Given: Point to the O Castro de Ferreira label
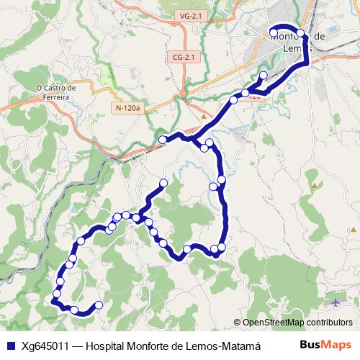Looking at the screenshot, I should [56, 93].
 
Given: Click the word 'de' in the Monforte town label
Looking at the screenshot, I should [320, 36].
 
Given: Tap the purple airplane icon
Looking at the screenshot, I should [336, 300].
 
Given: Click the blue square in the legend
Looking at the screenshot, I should [9, 345].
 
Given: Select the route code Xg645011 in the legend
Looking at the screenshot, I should [45, 345].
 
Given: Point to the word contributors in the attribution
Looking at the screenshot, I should [328, 323].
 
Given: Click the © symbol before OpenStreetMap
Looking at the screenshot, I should [237, 323].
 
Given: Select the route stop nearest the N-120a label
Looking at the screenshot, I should [163, 139].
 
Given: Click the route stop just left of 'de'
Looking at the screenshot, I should [300, 32].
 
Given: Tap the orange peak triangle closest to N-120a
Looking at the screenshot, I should [204, 115].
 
